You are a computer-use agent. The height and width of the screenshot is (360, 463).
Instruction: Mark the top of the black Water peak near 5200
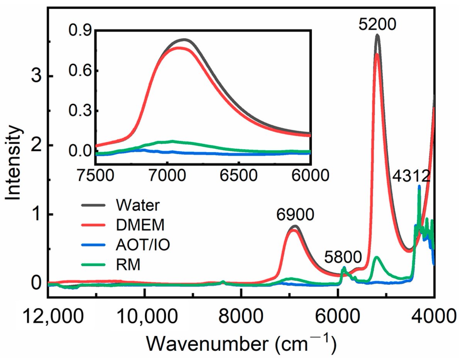pos(377,35)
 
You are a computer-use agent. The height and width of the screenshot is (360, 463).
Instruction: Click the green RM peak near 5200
pos(376,257)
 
